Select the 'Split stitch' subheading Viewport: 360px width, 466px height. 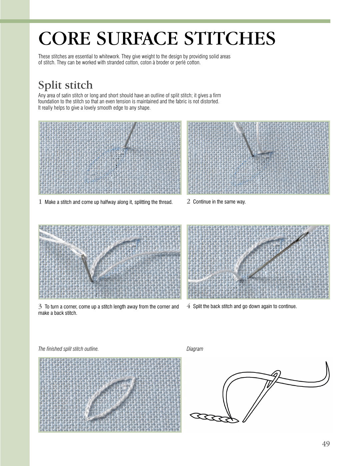coord(65,85)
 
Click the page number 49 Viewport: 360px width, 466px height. coord(326,444)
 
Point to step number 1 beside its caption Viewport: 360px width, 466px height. coord(40,202)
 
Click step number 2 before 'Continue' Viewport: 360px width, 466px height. coord(189,202)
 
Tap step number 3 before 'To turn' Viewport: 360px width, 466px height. coord(40,306)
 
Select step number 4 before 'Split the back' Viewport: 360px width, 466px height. coord(189,306)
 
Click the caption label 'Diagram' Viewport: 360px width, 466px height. coord(195,349)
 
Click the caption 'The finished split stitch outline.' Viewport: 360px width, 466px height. coord(68,349)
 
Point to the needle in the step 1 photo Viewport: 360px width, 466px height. coord(130,135)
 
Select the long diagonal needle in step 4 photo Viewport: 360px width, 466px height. coord(277,256)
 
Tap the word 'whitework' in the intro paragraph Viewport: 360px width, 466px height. coord(109,57)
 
